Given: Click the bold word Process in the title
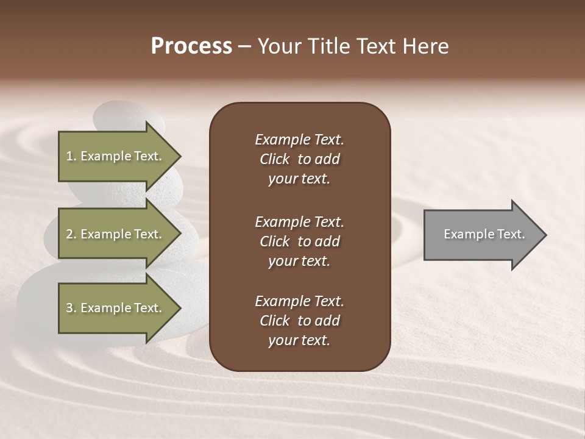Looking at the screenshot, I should pyautogui.click(x=191, y=46).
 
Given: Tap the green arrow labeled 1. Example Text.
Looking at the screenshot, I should pyautogui.click(x=116, y=156).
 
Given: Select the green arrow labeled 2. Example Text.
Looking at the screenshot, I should pyautogui.click(x=116, y=234).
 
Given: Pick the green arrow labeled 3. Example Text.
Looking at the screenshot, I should pyautogui.click(x=116, y=308).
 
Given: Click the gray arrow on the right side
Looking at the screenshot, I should pyautogui.click(x=481, y=235).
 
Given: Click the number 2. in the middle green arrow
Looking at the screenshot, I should pyautogui.click(x=71, y=234).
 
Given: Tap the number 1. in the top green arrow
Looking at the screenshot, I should pyautogui.click(x=71, y=156).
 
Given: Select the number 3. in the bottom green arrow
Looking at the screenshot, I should pyautogui.click(x=71, y=308).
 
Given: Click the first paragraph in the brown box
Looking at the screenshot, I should pyautogui.click(x=299, y=159).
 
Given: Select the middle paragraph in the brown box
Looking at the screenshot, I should pyautogui.click(x=299, y=241).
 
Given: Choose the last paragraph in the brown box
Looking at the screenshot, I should pyautogui.click(x=299, y=321).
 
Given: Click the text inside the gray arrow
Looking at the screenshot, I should pyautogui.click(x=484, y=234).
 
